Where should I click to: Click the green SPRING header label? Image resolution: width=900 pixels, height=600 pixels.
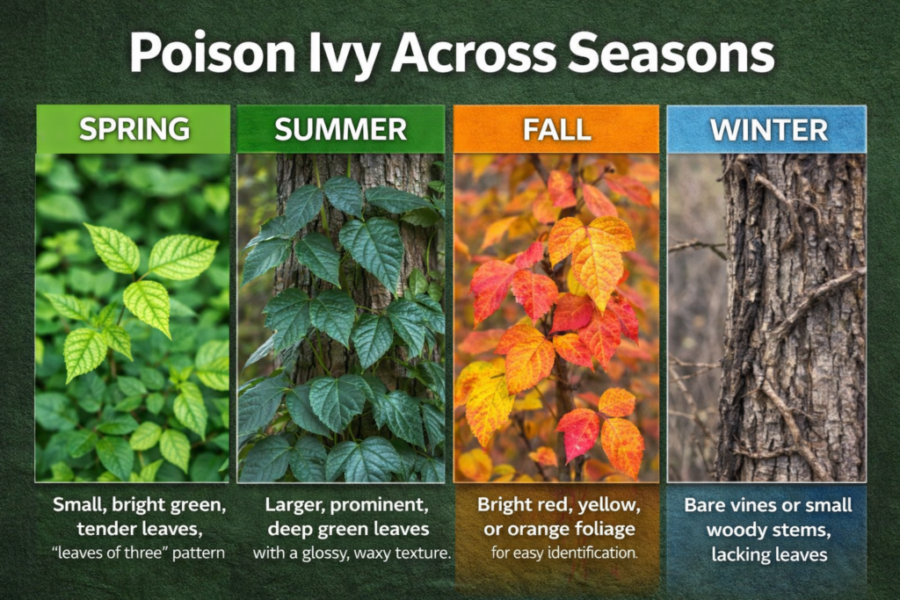(134, 129)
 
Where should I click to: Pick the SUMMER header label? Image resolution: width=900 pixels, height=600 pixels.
(340, 129)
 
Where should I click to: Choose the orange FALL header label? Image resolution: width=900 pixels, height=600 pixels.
(555, 129)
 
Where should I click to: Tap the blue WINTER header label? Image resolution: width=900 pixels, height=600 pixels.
(768, 129)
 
